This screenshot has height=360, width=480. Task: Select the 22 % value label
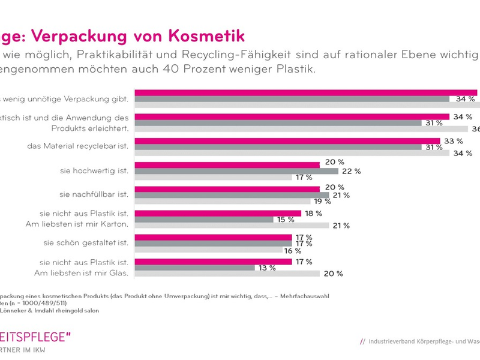351,171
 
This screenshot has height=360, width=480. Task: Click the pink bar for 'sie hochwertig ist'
227,163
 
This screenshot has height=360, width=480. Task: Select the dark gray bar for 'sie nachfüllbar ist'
232,195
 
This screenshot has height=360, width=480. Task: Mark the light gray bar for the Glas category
227,274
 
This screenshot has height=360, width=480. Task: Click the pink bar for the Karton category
218,212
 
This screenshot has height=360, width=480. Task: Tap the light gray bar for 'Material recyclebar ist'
292,153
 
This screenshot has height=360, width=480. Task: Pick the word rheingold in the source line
61,311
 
